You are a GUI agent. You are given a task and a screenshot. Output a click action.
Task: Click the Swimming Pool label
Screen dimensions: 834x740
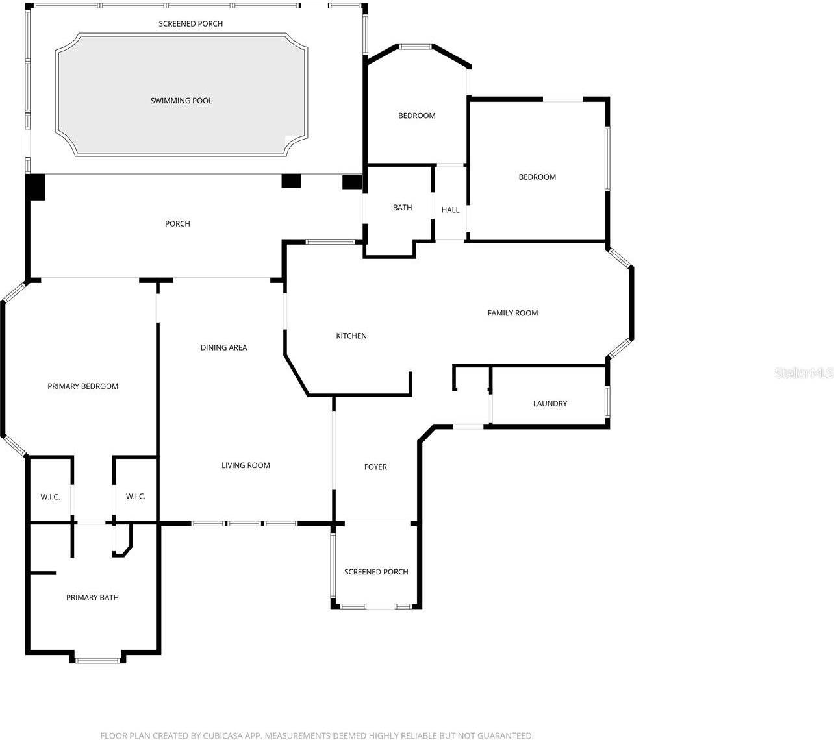(181, 101)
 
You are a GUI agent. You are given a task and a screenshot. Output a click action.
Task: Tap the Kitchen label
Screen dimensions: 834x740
(351, 336)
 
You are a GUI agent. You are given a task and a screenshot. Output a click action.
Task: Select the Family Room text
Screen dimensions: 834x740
(512, 313)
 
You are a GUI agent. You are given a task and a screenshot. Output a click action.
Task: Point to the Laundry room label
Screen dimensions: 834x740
(550, 404)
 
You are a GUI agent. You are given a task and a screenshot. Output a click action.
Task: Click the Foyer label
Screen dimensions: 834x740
(375, 467)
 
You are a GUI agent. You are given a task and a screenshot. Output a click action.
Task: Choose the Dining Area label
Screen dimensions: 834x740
(223, 347)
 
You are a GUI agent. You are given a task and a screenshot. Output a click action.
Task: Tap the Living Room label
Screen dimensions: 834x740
(246, 465)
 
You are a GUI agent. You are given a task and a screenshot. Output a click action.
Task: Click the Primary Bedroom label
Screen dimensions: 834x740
(82, 386)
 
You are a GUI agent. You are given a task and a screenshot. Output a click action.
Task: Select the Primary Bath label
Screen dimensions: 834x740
(92, 598)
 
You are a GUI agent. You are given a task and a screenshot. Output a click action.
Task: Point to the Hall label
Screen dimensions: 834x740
(450, 210)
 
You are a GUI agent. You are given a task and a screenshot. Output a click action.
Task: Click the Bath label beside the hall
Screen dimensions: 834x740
(402, 208)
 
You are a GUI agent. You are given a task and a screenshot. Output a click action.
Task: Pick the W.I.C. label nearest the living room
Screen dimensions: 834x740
(136, 497)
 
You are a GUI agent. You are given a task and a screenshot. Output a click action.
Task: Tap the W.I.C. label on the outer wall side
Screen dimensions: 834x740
(50, 497)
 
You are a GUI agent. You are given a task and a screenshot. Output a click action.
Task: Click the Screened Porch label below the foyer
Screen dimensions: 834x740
(376, 572)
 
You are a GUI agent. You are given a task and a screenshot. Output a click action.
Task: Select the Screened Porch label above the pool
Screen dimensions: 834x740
(190, 24)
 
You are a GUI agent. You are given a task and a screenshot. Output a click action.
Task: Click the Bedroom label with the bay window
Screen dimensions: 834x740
(416, 116)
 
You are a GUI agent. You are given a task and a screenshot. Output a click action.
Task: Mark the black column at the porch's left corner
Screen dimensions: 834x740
(35, 187)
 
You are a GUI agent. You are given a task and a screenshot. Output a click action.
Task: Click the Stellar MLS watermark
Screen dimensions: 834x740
(804, 373)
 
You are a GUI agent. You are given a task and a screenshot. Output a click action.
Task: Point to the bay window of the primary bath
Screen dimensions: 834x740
(97, 661)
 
